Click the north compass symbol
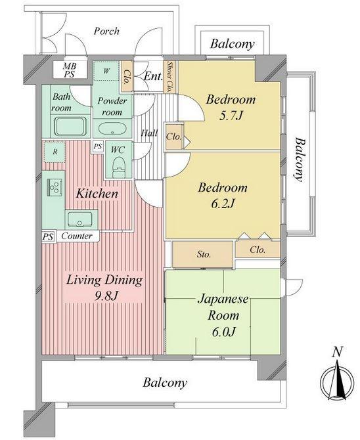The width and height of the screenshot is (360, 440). tap(336, 380)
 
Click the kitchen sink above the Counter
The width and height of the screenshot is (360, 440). tap(81, 218)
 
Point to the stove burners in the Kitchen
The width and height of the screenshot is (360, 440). tap(54, 187)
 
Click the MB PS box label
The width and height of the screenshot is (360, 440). tap(69, 70)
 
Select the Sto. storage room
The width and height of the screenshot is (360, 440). tap(202, 253)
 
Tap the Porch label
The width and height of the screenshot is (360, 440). tap(106, 31)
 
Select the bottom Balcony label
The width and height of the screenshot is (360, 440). tap(166, 382)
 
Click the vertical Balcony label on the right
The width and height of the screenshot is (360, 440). tap(300, 159)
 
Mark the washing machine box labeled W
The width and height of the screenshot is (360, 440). tap(106, 70)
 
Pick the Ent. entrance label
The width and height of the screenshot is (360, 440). tap(153, 77)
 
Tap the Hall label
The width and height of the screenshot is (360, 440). tap(149, 133)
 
